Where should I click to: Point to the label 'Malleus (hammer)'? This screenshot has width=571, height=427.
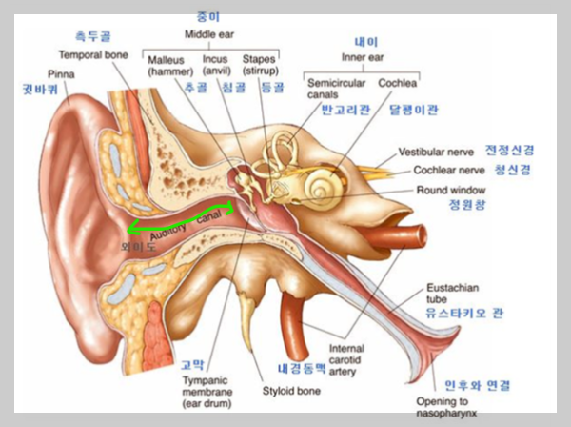[x=168, y=66]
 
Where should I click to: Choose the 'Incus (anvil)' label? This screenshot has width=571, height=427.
[x=216, y=66]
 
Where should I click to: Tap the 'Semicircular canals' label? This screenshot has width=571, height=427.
[x=331, y=89]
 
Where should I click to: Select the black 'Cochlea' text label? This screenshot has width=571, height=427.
[x=397, y=83]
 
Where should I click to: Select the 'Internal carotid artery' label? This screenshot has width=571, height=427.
[x=346, y=359]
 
